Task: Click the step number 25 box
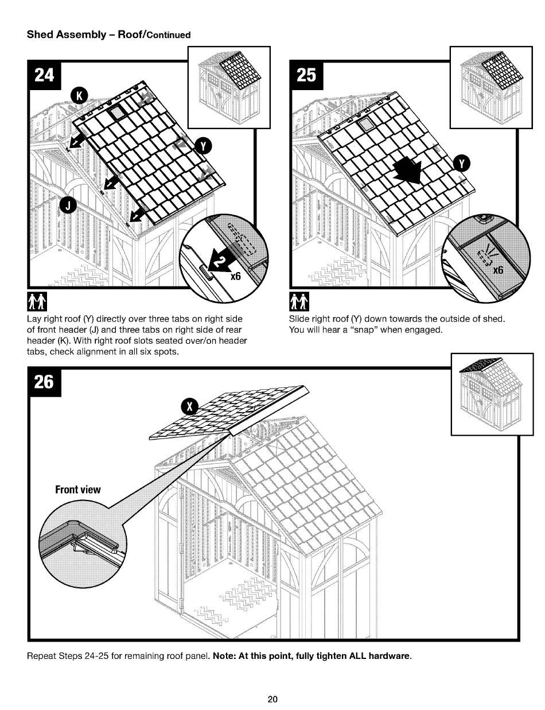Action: [306, 75]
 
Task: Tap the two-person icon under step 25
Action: [301, 300]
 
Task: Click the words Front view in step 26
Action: [77, 490]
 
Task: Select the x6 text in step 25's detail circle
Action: [496, 270]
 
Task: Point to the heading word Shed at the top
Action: [40, 34]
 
